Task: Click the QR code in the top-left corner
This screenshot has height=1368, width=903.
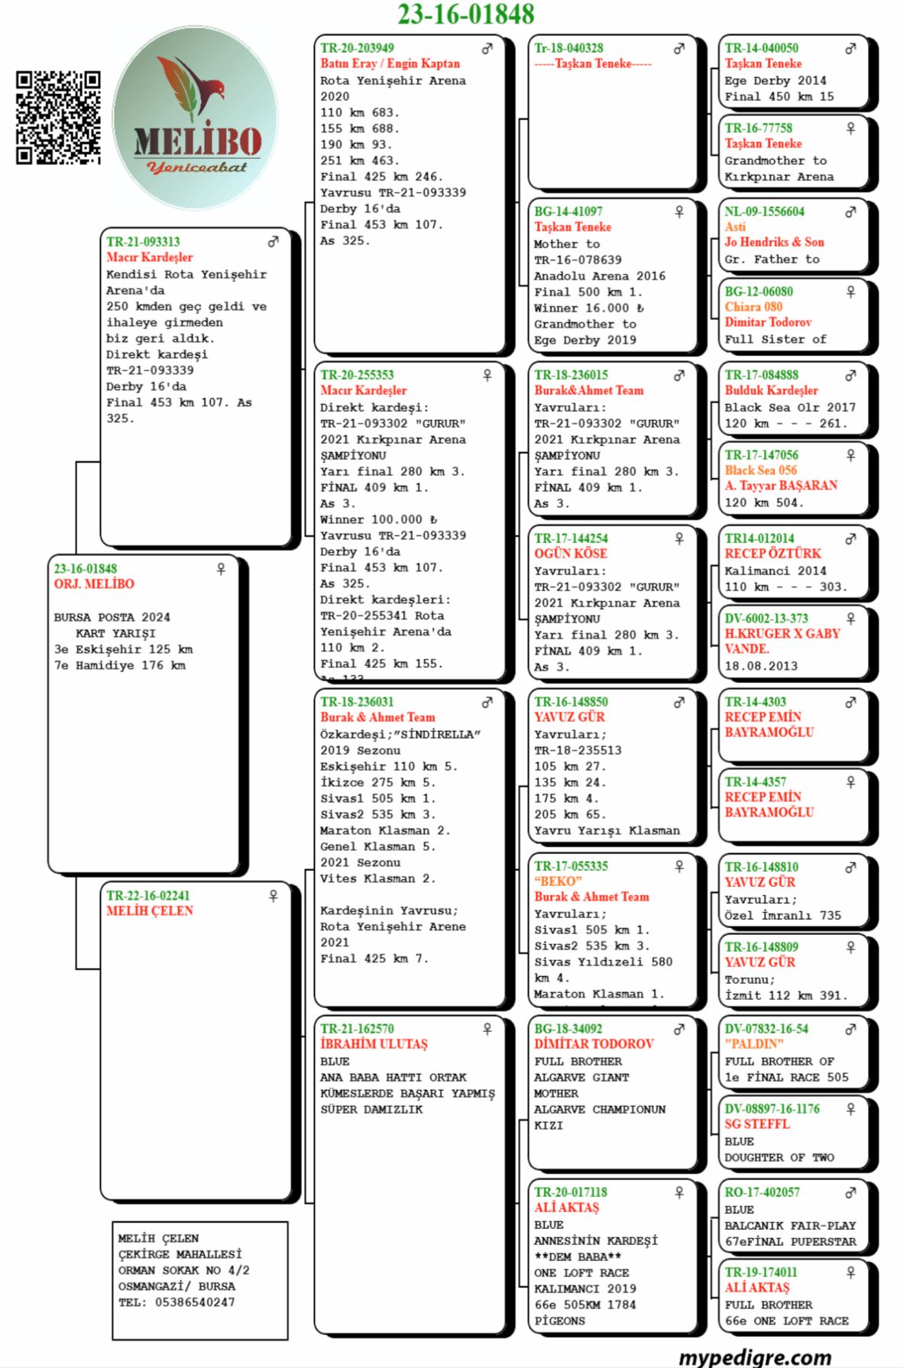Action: coord(58,118)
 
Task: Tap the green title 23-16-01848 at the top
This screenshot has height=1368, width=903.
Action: coord(465,14)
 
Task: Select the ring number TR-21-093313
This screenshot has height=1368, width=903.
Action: coord(143,241)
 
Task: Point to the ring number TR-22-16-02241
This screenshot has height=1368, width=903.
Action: coord(147,895)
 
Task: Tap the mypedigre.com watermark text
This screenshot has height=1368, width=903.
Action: coord(754,1357)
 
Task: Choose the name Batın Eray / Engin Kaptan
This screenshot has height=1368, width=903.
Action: coord(390,63)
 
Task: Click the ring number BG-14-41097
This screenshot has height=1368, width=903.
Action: coord(568,212)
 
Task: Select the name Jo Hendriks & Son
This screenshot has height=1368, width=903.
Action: coord(774,242)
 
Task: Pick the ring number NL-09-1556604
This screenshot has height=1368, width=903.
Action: coord(764,212)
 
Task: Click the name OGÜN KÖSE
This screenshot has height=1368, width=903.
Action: coord(570,553)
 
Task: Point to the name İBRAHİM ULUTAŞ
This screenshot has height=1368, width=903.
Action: coord(374,1043)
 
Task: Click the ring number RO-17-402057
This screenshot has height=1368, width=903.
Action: coord(762,1192)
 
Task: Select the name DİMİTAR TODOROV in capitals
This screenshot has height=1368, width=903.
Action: coord(594,1043)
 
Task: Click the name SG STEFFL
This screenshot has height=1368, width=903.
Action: coord(757,1124)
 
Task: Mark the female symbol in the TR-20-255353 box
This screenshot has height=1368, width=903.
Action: coord(487,375)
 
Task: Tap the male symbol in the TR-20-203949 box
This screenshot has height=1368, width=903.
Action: coord(487,48)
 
